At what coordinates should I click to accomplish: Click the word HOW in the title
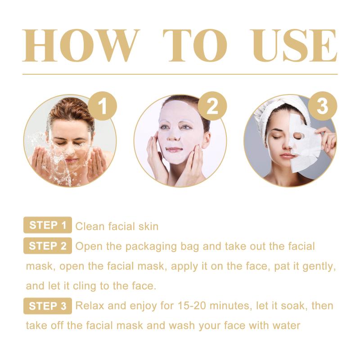tap(81, 45)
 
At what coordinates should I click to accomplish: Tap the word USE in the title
tap(294, 45)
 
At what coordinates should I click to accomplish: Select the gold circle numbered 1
tap(103, 106)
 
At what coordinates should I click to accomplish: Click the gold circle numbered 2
tap(212, 106)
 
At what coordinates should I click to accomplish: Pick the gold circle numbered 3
tap(322, 106)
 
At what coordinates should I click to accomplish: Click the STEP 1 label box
tap(48, 225)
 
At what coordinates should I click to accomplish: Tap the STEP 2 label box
tap(48, 246)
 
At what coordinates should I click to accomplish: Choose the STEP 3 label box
tap(48, 306)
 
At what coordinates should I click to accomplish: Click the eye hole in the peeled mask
tap(297, 136)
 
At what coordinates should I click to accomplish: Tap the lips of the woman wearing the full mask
tap(174, 150)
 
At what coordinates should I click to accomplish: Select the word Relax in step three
tap(90, 306)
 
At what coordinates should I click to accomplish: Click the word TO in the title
tap(195, 45)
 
